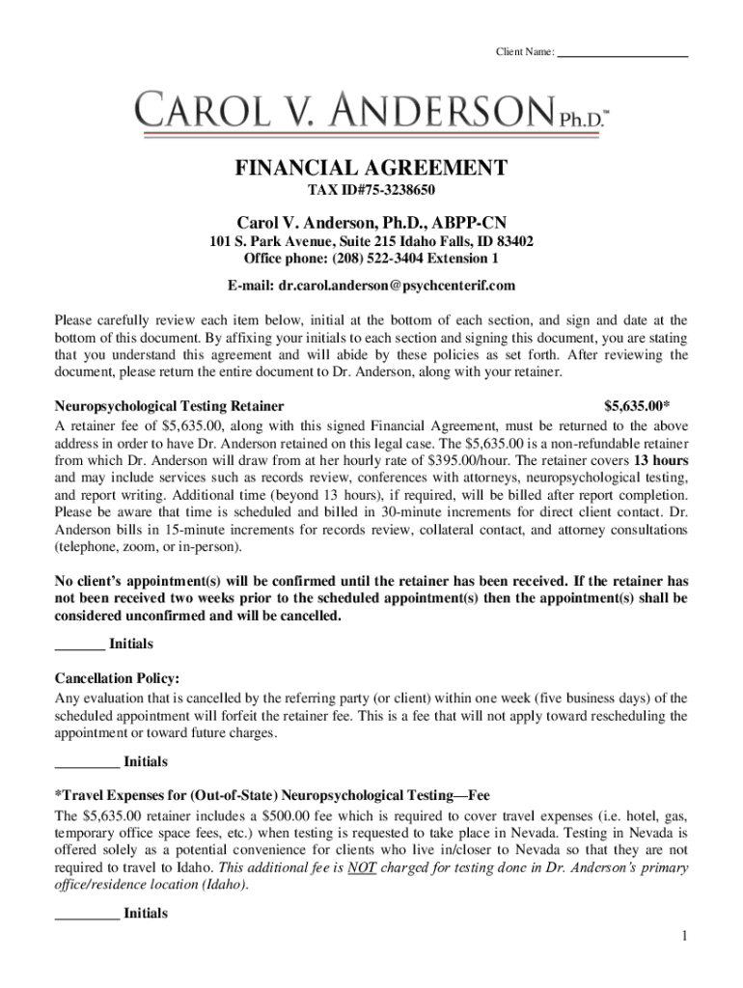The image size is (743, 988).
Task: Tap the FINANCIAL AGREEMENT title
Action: [371, 169]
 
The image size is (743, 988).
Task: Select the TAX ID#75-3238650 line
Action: [371, 191]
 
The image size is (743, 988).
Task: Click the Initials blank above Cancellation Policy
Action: [79, 645]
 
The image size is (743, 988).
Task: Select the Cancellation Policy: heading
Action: [117, 678]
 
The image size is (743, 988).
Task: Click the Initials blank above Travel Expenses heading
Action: [87, 762]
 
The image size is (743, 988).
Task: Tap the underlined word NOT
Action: [360, 867]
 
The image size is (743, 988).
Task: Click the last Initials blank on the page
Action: [87, 914]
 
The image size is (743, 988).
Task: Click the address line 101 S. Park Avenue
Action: [371, 241]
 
